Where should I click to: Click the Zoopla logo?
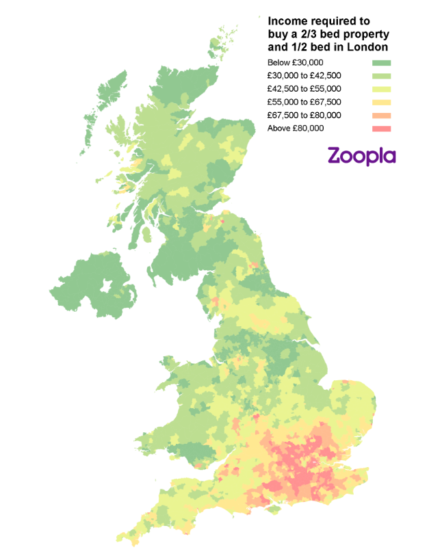tap(361, 155)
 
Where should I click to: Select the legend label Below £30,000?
tap(296, 63)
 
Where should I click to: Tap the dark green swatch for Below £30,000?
tap(381, 63)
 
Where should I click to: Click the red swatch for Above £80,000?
tap(381, 129)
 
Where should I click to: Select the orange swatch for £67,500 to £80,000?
tap(381, 116)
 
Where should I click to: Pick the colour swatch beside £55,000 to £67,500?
tap(381, 103)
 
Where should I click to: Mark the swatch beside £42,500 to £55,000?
tap(381, 89)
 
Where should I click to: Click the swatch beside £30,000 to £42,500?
tap(381, 76)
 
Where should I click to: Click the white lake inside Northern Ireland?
tap(108, 286)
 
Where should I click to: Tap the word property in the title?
tap(364, 34)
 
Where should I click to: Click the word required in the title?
tap(330, 21)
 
